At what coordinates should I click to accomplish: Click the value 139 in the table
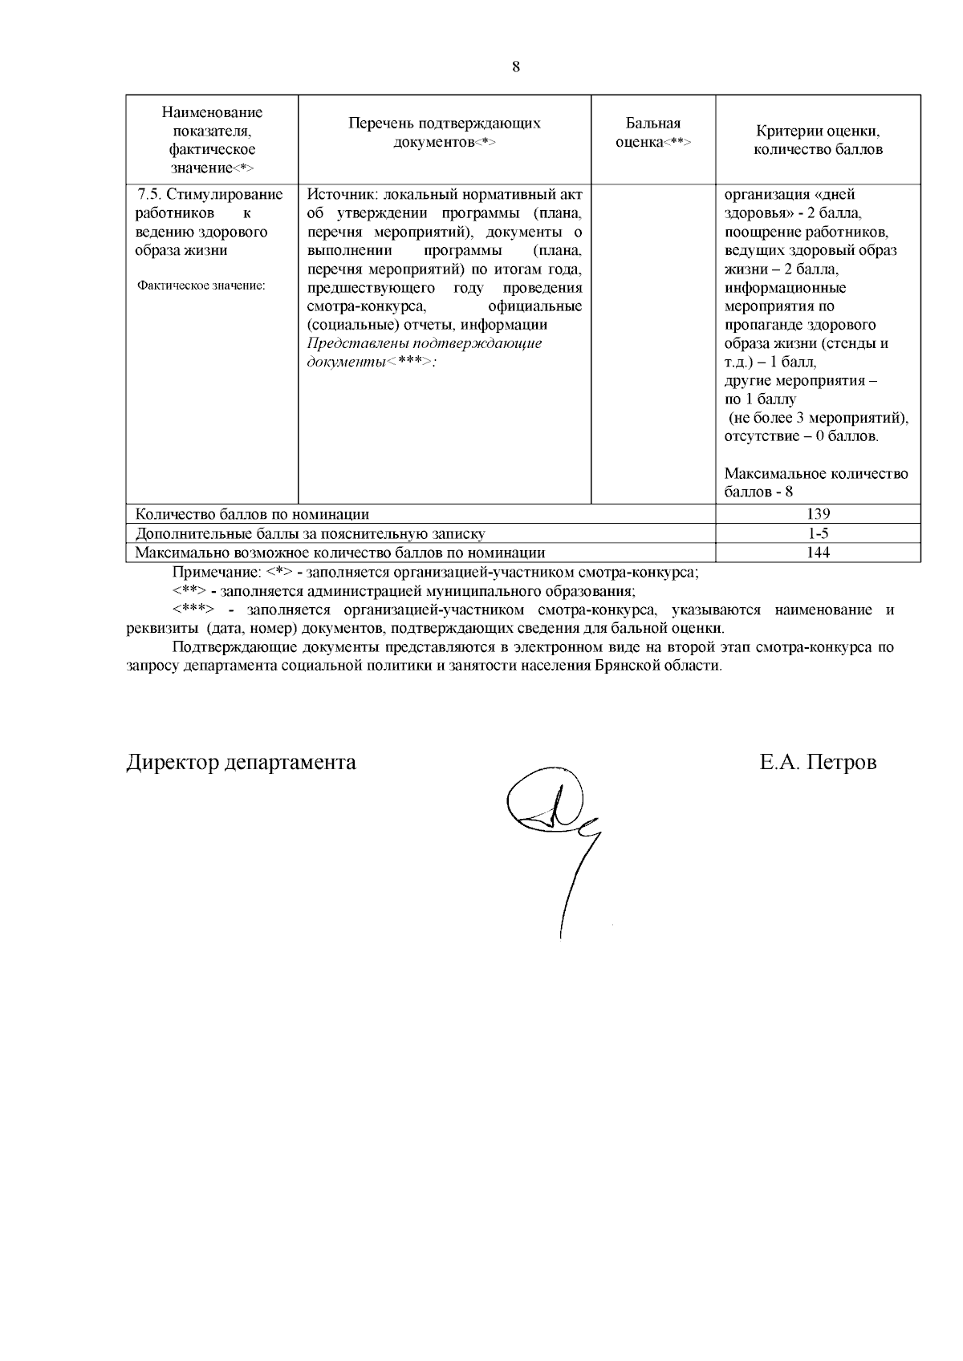pos(819,514)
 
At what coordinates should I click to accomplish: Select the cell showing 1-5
pos(819,533)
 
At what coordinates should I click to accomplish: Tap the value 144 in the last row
pos(819,553)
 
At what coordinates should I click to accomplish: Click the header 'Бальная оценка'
pos(652,132)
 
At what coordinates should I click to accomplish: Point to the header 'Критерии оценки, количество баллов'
pos(819,140)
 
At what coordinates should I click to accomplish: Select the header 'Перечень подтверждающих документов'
pos(445,132)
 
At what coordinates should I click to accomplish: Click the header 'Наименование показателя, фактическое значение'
pos(212,140)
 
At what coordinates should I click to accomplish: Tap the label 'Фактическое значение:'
pos(201,286)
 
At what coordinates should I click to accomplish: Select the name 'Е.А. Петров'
pos(818,762)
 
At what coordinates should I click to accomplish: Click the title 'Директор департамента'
pos(242,762)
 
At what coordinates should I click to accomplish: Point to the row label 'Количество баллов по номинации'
pos(252,514)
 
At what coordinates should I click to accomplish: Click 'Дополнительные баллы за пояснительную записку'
pos(310,533)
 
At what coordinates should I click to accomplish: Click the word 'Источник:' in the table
pos(343,195)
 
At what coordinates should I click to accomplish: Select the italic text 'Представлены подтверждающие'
pos(425,343)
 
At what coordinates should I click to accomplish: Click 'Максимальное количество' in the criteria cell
pos(816,473)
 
